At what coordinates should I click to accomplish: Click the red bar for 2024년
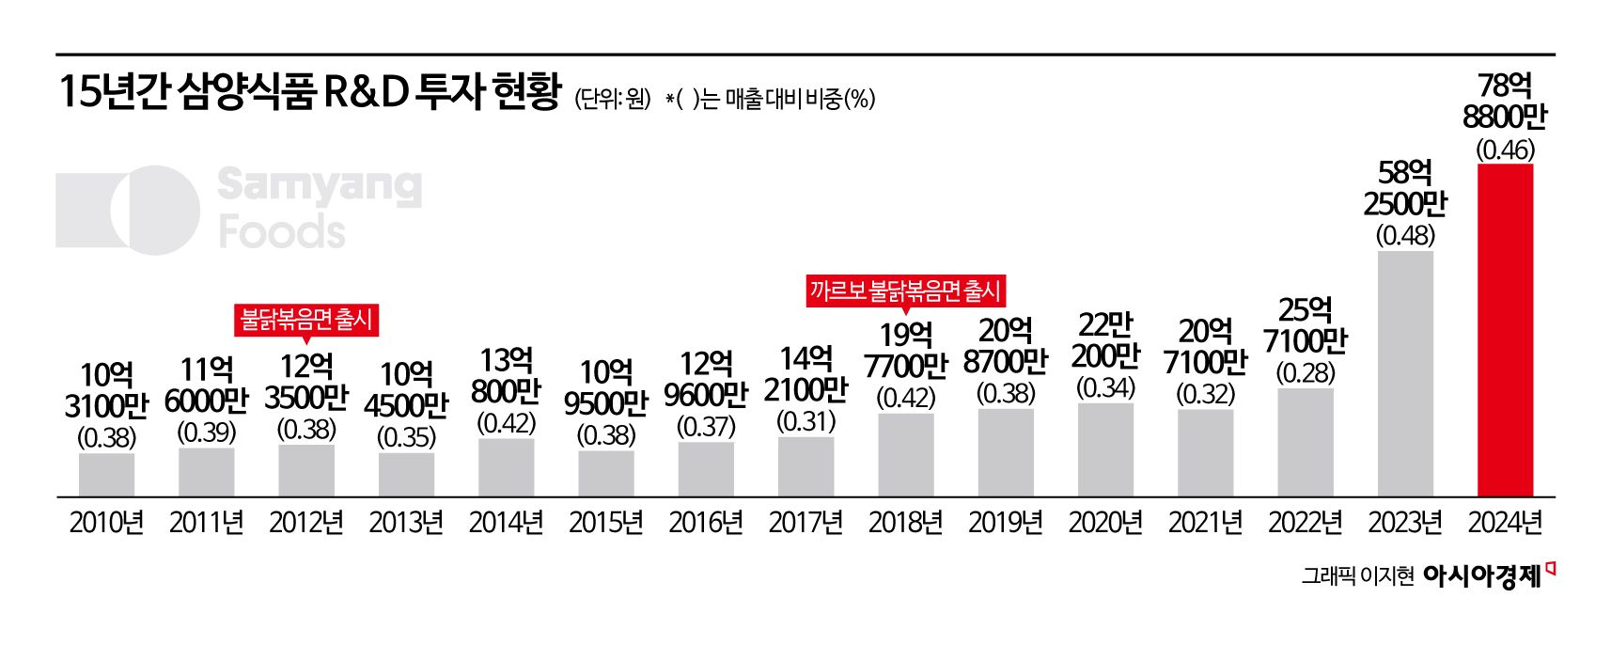click(1505, 329)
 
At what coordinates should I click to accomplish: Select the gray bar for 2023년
click(1405, 372)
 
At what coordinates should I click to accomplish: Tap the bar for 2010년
click(106, 474)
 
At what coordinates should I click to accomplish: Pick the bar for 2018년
click(906, 454)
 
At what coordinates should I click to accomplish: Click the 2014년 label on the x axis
click(506, 523)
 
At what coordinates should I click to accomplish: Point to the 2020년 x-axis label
click(1105, 523)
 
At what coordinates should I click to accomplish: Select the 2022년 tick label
click(1306, 523)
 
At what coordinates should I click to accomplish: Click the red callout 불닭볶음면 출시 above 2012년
click(306, 320)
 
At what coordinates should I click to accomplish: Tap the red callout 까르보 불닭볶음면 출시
click(905, 291)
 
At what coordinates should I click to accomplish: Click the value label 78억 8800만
click(1505, 102)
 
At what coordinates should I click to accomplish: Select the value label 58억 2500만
click(1405, 188)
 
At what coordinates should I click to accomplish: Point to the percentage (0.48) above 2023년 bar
click(1405, 235)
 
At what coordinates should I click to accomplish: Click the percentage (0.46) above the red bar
click(1505, 149)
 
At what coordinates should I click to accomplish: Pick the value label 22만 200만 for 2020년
click(1105, 341)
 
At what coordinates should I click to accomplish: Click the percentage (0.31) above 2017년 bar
click(805, 421)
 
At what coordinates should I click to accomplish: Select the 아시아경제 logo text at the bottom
click(1482, 576)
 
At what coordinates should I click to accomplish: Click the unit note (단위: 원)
click(613, 99)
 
